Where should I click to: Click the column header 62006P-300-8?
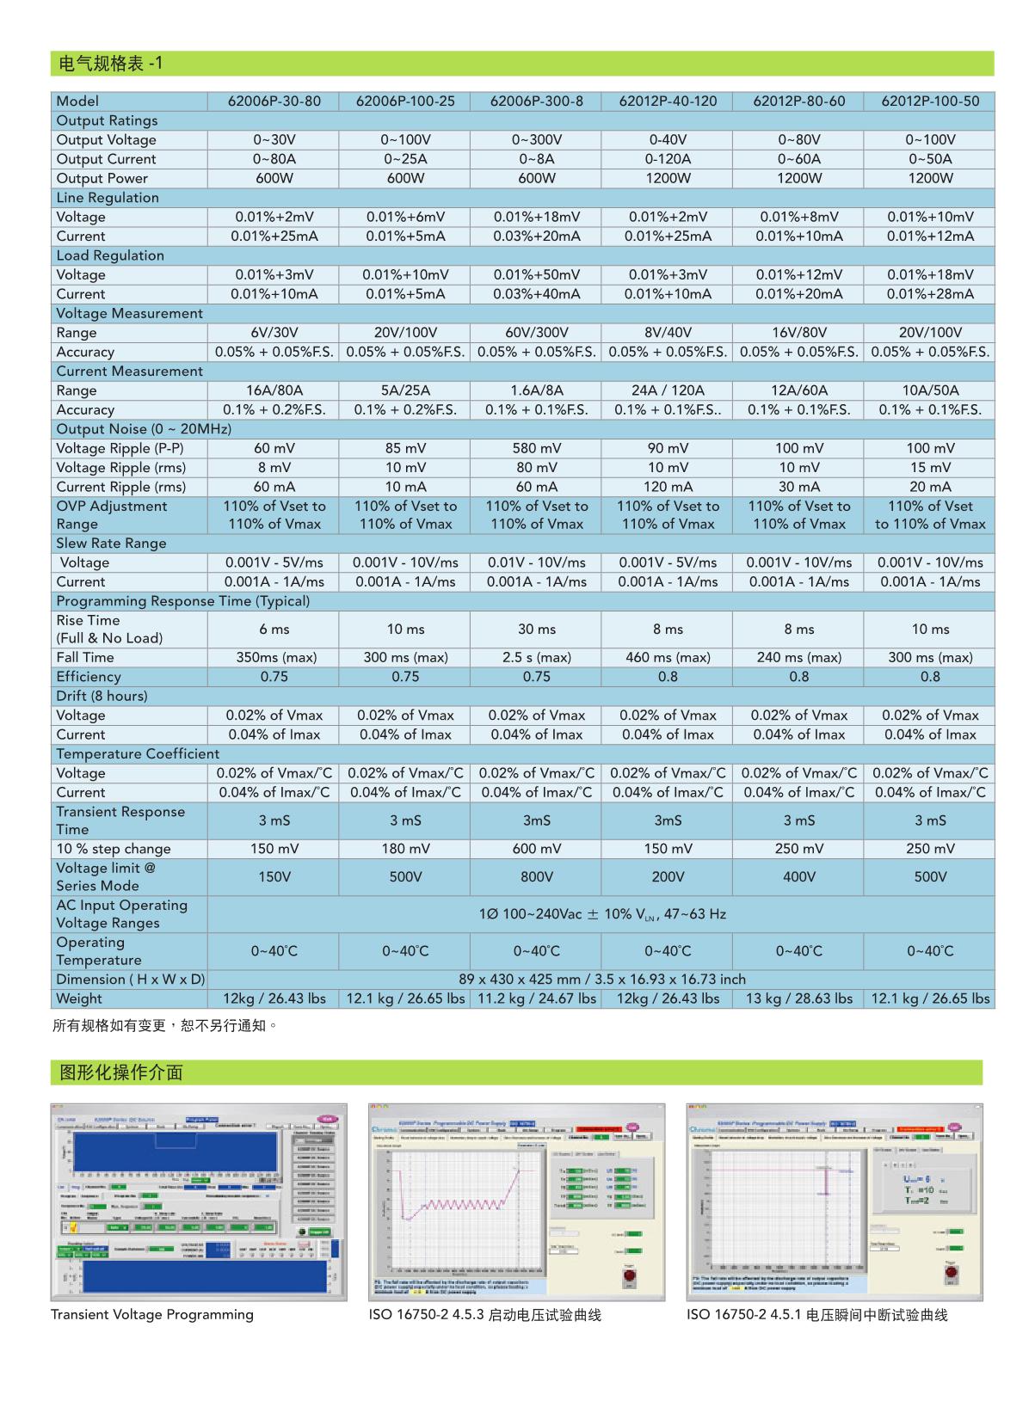pos(536,101)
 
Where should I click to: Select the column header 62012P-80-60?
pos(798,101)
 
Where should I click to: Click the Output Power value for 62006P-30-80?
pos(274,179)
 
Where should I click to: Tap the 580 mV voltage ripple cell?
pos(536,448)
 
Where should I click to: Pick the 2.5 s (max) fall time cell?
pos(536,658)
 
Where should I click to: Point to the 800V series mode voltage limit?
pos(536,877)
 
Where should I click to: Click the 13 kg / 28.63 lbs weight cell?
pos(798,999)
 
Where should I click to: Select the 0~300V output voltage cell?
pos(536,140)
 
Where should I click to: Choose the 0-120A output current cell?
pos(668,159)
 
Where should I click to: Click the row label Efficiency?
pos(89,677)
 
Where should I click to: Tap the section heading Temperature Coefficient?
pos(138,754)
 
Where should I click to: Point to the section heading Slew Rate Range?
pos(111,544)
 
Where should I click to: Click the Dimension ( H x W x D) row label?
pos(130,980)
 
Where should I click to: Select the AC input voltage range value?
pos(601,914)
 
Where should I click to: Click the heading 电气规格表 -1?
pos(110,64)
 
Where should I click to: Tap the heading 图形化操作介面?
pos(120,1072)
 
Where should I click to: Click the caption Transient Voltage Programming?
pos(151,1315)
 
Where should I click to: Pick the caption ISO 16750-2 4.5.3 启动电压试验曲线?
pos(484,1315)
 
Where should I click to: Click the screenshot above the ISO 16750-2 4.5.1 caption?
pos(835,1201)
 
